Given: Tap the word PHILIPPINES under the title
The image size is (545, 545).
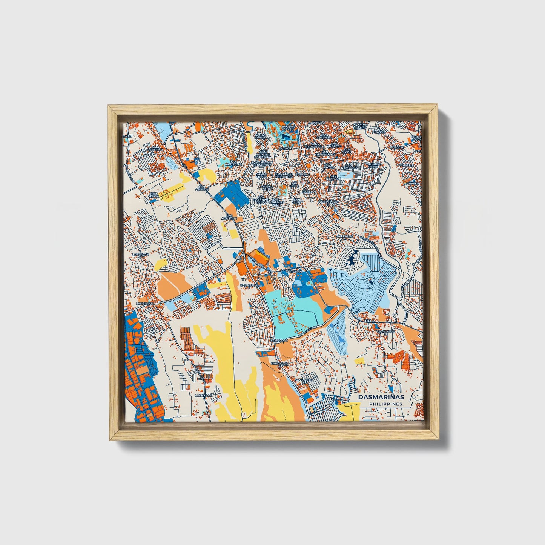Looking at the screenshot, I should tap(385, 404).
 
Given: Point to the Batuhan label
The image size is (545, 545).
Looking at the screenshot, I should tap(292, 271).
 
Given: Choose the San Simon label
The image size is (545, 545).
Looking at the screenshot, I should tap(348, 150).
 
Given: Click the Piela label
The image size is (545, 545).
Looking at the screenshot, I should tap(370, 320).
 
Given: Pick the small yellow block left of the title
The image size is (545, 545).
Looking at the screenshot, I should tap(359, 361).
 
